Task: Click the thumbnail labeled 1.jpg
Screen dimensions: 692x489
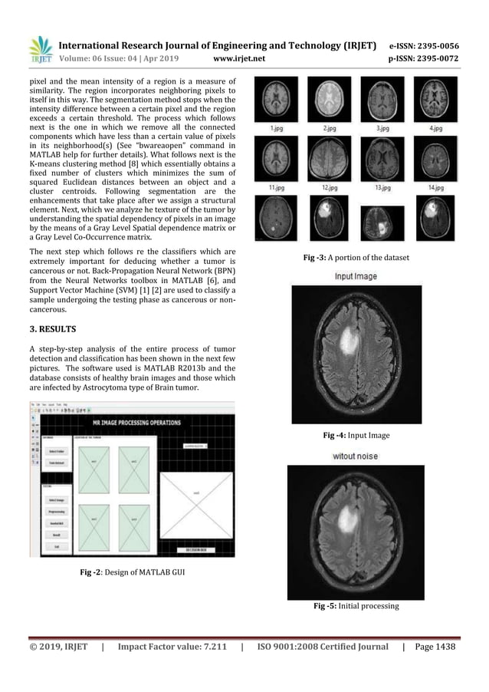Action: point(274,101)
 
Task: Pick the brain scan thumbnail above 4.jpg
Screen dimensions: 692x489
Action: point(436,101)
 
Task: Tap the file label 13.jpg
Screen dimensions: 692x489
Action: point(382,186)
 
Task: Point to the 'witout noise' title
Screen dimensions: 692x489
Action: point(353,456)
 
